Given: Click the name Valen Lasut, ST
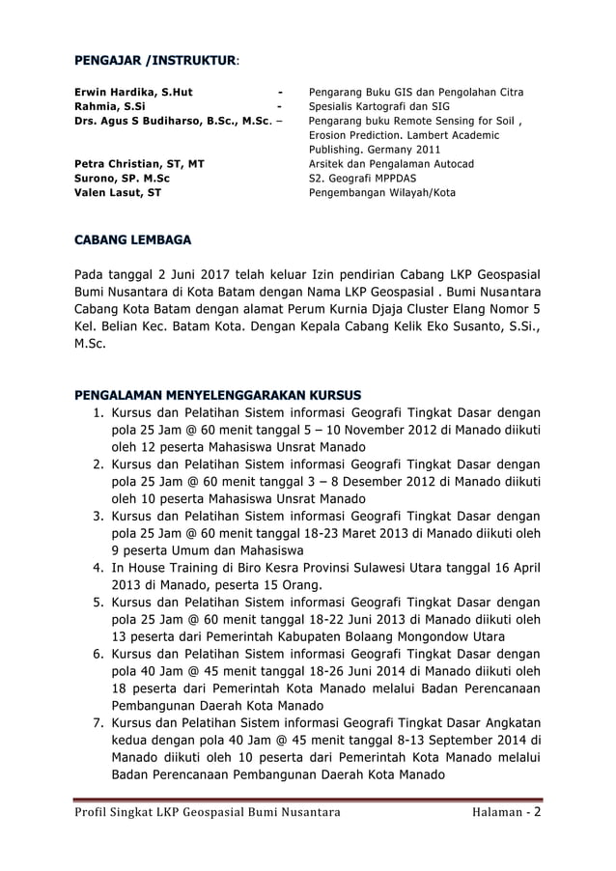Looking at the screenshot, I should point(119,193).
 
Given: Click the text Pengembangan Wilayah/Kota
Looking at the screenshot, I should point(382,193).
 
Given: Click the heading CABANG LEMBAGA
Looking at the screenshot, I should point(132,239).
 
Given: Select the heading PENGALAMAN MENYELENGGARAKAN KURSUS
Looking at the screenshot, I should point(218,395).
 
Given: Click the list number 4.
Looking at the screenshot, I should point(98,567).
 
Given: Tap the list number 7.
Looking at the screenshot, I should point(98,722).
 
